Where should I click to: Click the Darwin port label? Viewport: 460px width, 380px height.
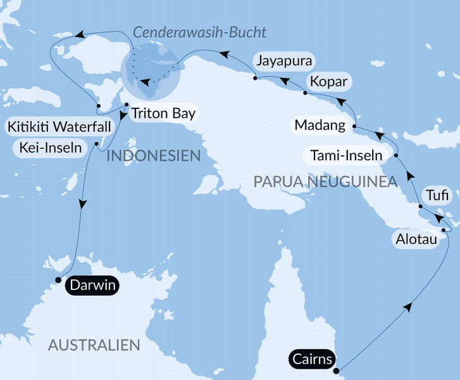(x=92, y=286)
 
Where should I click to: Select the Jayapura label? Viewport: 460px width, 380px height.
(x=283, y=62)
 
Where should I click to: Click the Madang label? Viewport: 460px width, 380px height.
(x=320, y=125)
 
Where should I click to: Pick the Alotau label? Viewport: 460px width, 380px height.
(x=414, y=239)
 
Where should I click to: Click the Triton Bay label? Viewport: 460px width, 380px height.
(x=163, y=115)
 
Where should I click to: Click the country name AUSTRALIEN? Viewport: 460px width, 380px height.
(x=94, y=345)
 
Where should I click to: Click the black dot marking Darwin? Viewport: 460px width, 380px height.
(x=58, y=279)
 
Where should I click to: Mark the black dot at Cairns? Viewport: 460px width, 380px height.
(x=336, y=370)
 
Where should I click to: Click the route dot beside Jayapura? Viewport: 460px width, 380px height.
(x=254, y=79)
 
